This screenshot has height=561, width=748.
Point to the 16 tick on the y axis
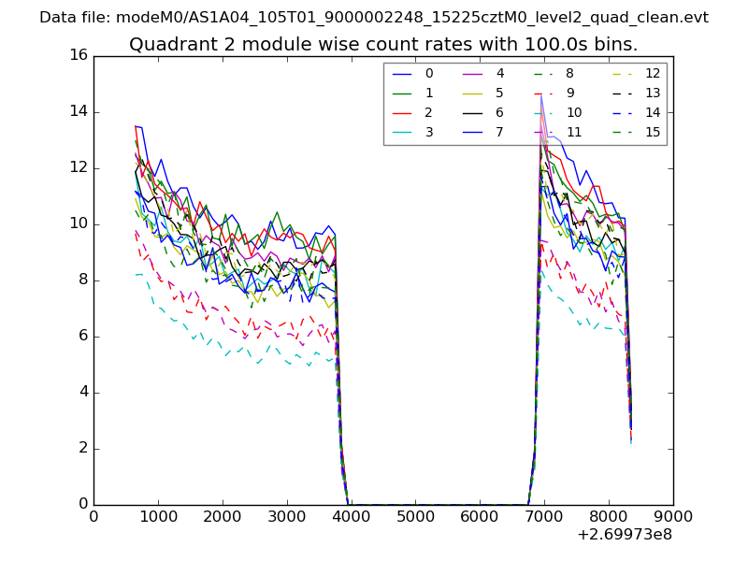pyautogui.click(x=79, y=55)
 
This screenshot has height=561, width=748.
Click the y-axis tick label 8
pyautogui.click(x=82, y=280)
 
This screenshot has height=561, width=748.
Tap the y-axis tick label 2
pyautogui.click(x=82, y=448)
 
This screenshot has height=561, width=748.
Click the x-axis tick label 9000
pyautogui.click(x=673, y=516)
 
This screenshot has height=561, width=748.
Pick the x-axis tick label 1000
pyautogui.click(x=158, y=516)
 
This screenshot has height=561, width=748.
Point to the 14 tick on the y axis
pyautogui.click(x=79, y=111)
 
